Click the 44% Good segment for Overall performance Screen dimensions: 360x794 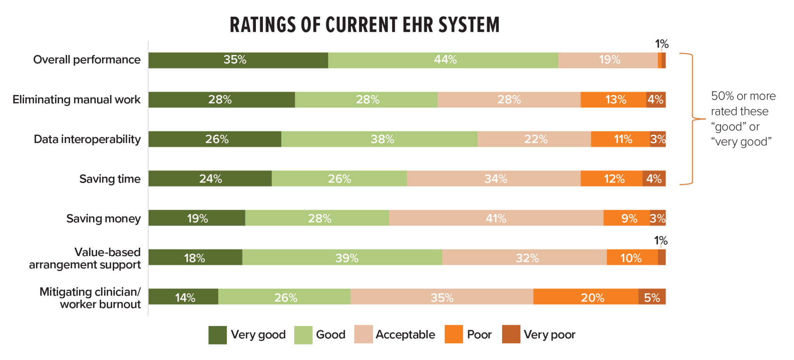443,60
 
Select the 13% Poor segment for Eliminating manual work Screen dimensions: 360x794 613,100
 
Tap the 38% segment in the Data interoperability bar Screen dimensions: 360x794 379,139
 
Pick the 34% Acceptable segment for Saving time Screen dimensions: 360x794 494,179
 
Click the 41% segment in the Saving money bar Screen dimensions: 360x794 496,218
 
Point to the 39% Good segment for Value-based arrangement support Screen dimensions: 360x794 342,258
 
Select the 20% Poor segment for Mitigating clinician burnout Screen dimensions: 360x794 585,297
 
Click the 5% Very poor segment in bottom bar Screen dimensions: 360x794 652,297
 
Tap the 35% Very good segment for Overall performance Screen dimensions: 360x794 238,60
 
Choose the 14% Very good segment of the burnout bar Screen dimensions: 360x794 183,297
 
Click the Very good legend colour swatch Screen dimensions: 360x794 217,335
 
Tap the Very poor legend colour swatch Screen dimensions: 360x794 511,334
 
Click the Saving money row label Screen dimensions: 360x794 103,219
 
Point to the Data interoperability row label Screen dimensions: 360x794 87,139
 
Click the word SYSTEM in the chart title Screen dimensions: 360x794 469,25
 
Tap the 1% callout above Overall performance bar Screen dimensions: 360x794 661,44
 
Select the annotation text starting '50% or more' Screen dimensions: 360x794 743,119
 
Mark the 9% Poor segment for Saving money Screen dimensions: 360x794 627,218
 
